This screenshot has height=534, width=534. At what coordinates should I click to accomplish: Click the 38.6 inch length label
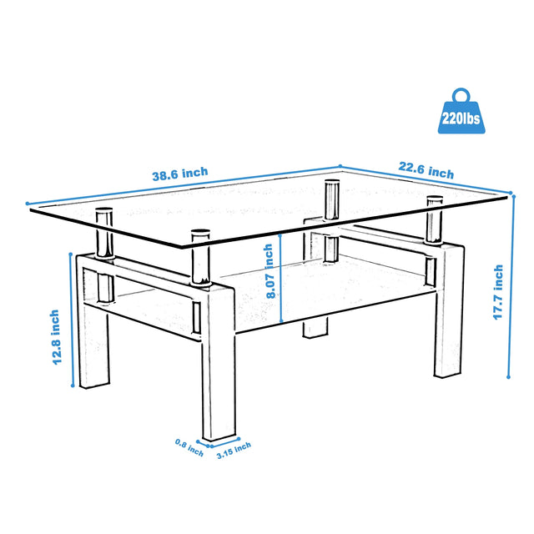pos(179,174)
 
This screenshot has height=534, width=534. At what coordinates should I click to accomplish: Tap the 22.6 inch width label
pos(426,173)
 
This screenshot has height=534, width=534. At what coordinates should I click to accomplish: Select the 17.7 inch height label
pos(498,292)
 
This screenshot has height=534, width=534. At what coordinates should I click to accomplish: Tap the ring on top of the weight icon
pos(460,93)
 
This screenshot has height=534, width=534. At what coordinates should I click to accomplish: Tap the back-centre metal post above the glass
pos(331,199)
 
